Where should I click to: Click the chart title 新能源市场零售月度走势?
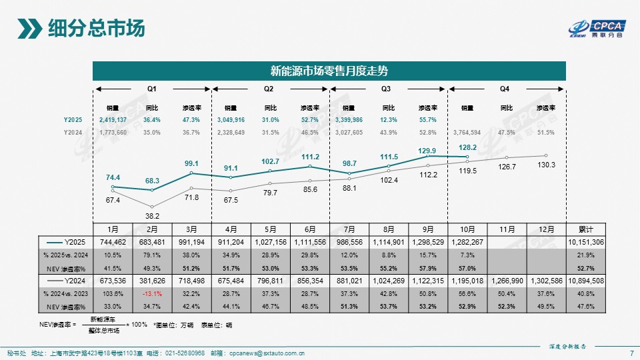(x=329, y=70)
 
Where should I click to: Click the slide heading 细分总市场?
(x=96, y=29)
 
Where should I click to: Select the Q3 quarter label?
(x=386, y=89)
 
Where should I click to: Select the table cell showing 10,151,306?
(x=587, y=241)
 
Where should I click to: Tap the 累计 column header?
(x=587, y=229)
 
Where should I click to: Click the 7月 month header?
(x=349, y=229)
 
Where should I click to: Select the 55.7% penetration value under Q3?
(x=427, y=119)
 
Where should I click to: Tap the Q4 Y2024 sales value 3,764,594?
(x=467, y=132)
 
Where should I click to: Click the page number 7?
(x=631, y=353)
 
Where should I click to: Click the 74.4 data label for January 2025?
(x=113, y=177)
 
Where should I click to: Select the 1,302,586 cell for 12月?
(x=545, y=281)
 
